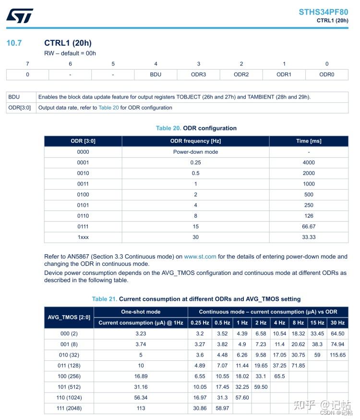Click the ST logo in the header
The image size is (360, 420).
20,15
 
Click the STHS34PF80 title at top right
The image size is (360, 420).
323,12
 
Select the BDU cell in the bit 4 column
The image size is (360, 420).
156,74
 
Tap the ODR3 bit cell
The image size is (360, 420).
198,74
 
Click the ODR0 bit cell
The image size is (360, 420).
326,74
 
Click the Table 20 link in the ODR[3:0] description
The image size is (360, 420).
108,108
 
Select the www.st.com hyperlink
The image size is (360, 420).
200,257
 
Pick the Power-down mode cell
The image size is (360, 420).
195,152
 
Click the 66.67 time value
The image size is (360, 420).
309,226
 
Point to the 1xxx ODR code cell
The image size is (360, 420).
83,237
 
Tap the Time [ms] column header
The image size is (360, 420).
309,141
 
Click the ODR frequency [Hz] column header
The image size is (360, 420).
195,141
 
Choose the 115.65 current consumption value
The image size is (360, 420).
337,355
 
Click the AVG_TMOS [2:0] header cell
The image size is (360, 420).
69,317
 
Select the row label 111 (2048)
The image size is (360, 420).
69,408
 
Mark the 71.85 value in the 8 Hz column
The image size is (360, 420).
298,366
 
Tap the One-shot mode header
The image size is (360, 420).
141,312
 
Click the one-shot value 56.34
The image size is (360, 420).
141,397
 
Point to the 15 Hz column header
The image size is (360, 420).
317,323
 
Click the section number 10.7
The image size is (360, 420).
14,43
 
